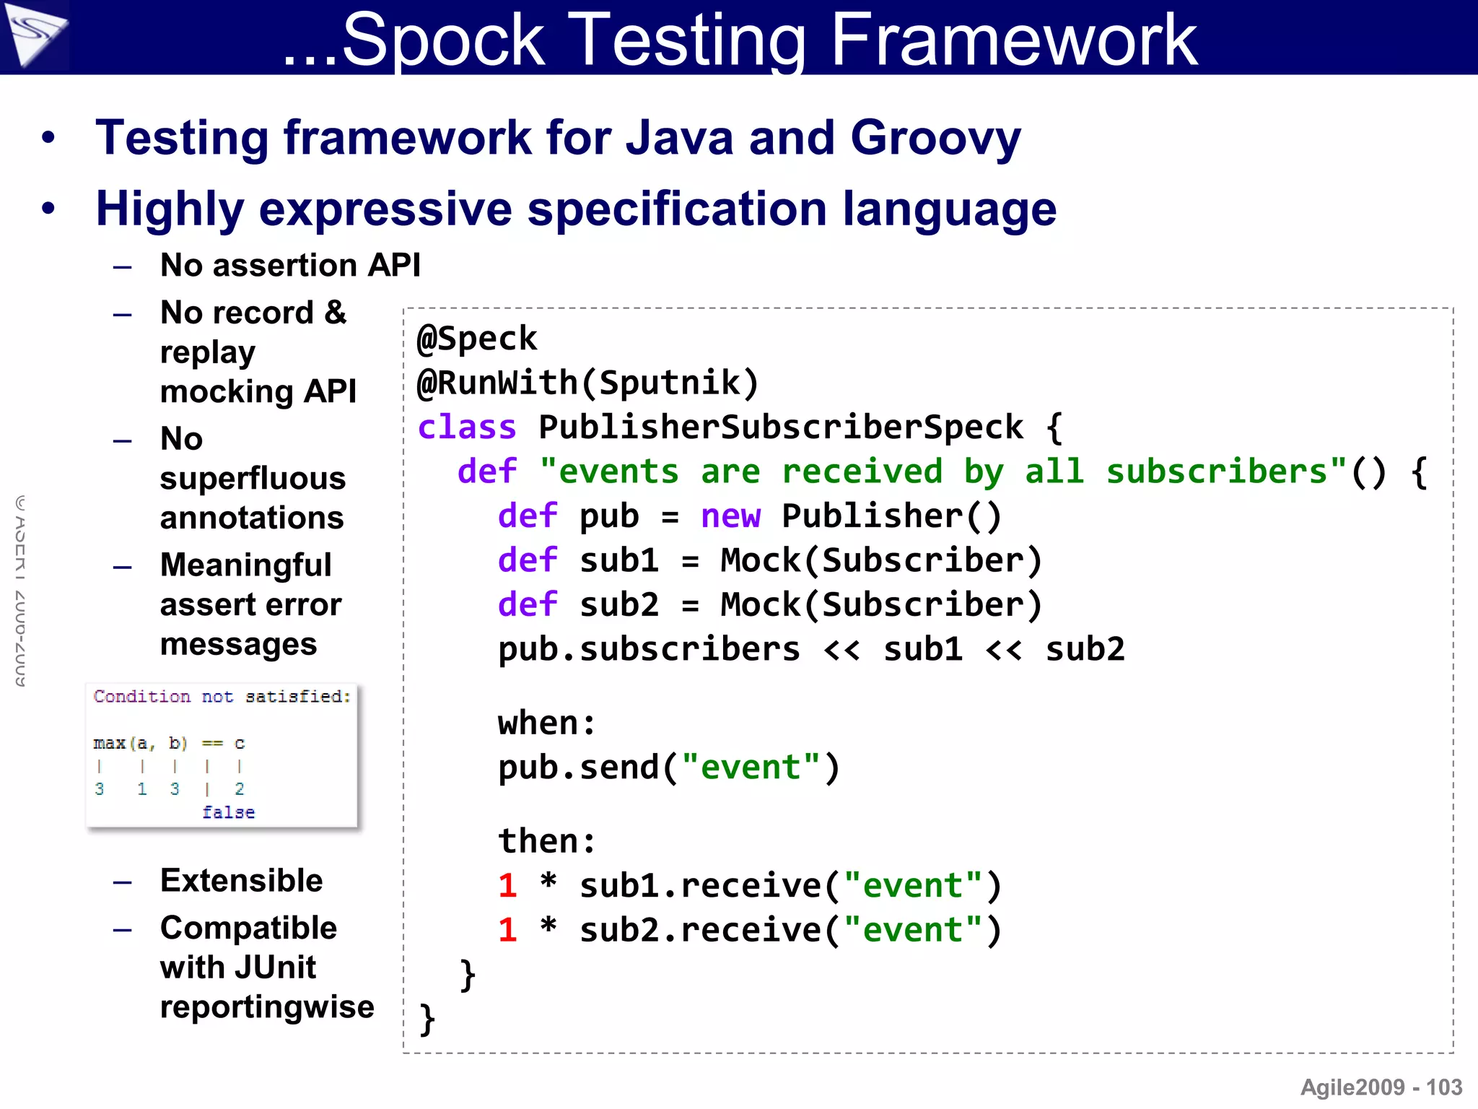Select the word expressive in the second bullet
coord(385,209)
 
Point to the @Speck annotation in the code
coord(477,339)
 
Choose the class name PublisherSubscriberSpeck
coord(781,427)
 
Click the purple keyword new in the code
coord(730,516)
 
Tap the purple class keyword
coord(467,427)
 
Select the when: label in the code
coord(547,723)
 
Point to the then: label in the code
coord(547,841)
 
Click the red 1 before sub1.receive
coord(507,886)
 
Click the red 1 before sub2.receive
coord(507,930)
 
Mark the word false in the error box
coord(228,812)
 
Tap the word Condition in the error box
coord(141,697)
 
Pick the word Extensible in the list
coord(241,881)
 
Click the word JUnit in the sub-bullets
coord(274,967)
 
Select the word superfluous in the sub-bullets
coord(253,479)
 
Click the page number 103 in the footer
coord(1444,1087)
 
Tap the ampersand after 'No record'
coord(335,313)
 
